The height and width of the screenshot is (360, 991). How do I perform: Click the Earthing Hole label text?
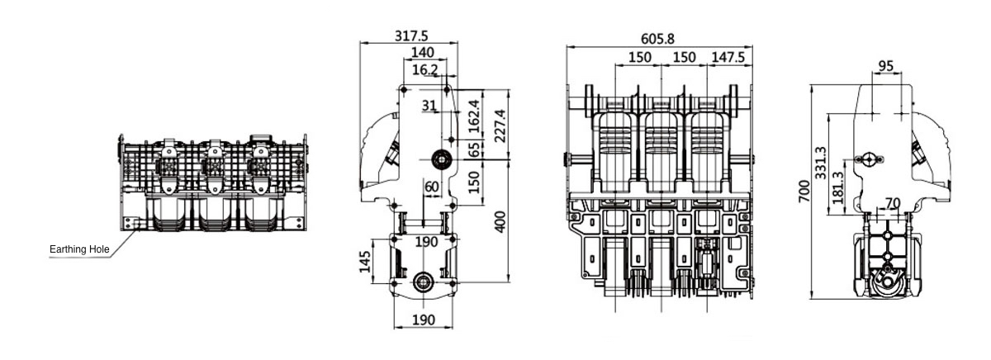click(79, 249)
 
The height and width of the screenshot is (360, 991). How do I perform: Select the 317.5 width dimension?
click(416, 37)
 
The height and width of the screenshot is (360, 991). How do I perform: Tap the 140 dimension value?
click(423, 54)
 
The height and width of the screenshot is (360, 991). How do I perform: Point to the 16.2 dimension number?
click(425, 70)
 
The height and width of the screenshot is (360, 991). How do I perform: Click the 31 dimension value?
click(429, 105)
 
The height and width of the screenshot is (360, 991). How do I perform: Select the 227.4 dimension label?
click(499, 126)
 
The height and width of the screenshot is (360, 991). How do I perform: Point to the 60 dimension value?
click(431, 187)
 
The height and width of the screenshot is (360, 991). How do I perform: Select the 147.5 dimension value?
click(728, 57)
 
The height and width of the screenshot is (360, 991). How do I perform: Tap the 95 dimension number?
click(886, 65)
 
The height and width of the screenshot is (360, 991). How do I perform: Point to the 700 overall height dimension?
click(803, 191)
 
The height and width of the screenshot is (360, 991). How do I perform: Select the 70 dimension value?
click(892, 202)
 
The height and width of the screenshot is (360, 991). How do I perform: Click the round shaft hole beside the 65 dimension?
click(439, 159)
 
